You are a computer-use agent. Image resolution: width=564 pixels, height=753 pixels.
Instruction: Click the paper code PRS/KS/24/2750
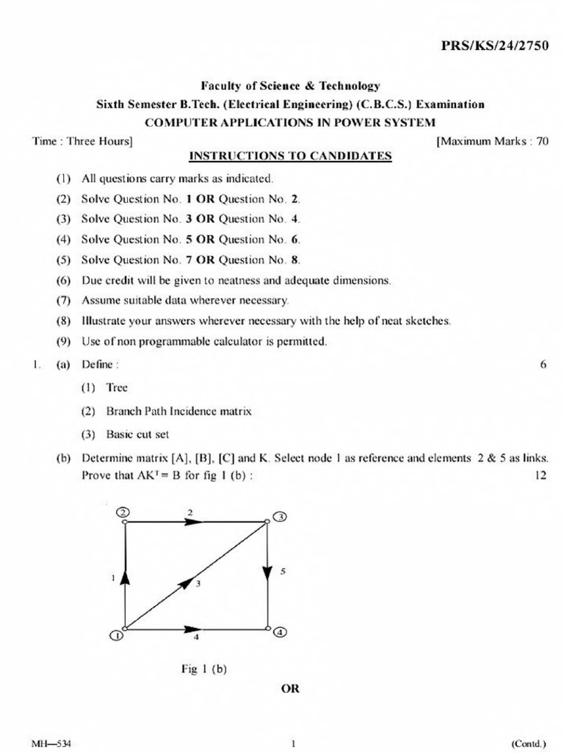tap(494, 46)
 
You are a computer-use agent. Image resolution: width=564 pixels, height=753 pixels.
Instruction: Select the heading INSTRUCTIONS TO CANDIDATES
tap(290, 156)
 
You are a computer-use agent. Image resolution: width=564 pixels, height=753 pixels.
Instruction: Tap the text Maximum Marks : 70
tap(492, 140)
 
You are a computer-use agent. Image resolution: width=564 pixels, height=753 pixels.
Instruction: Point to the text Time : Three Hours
tap(82, 140)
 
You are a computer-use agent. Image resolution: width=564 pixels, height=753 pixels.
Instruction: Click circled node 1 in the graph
tap(116, 636)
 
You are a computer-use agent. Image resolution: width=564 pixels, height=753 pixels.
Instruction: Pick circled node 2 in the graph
tap(123, 512)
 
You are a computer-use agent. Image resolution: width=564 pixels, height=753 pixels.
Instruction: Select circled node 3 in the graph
tap(281, 518)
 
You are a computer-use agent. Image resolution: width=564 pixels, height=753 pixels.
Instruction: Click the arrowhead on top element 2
tap(193, 521)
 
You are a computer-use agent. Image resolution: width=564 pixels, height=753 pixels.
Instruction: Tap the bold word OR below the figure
tap(290, 689)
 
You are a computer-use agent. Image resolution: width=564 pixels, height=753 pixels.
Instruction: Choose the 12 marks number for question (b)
tap(540, 475)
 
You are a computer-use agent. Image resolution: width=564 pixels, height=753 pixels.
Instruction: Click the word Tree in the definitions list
tap(117, 388)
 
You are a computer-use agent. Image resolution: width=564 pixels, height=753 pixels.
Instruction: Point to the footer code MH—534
tap(51, 743)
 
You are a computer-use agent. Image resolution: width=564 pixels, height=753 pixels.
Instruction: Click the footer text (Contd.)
tap(529, 743)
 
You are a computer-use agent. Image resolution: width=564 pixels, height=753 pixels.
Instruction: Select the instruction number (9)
tap(63, 341)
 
